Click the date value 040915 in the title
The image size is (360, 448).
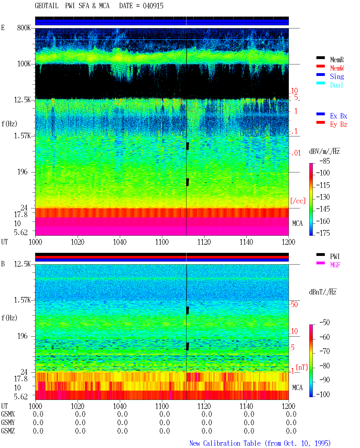pos(153,6)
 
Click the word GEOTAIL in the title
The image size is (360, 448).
pos(47,6)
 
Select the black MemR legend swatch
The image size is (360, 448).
pos(320,58)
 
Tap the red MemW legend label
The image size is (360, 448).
pos(337,68)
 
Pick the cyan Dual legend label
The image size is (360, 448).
pos(336,85)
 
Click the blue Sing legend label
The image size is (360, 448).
pos(337,76)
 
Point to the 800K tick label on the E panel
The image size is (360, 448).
pos(24,28)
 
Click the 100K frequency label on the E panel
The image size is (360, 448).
pos(24,64)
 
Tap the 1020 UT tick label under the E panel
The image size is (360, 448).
pos(77,242)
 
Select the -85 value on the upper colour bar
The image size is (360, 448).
pos(325,161)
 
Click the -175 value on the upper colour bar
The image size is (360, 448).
pos(323,233)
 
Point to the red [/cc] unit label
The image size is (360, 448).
pos(298,201)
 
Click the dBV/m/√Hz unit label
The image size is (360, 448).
pos(325,151)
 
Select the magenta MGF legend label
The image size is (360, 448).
pos(335,265)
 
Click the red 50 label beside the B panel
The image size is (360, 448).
pos(294,305)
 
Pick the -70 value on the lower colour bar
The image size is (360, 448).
pos(325,351)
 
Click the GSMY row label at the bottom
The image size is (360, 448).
pos(8,423)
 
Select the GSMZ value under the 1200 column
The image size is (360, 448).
pos(291,431)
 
